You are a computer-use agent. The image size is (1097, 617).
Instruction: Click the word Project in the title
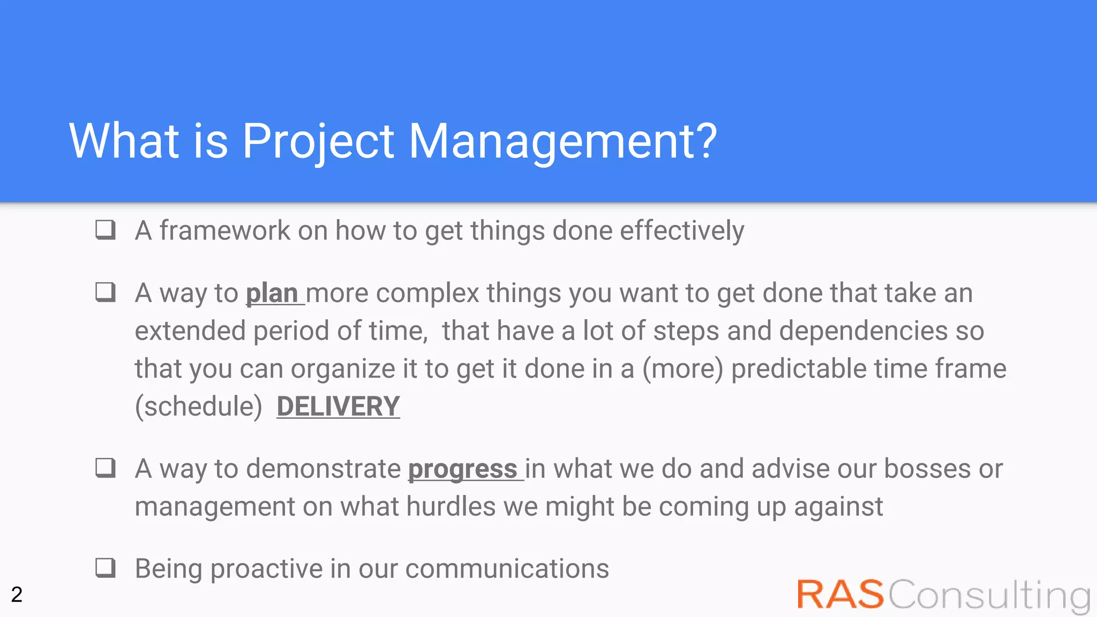click(318, 141)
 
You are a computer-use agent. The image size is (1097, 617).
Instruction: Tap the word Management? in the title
click(562, 141)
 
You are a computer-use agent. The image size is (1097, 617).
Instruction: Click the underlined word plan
click(272, 294)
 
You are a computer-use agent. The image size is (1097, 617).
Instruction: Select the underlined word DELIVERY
click(338, 406)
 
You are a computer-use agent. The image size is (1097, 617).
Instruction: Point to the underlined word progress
click(463, 469)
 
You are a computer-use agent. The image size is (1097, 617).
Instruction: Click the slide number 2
click(17, 595)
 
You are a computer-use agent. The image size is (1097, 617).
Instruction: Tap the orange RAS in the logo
click(839, 595)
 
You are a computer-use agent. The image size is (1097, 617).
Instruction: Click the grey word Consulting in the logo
click(989, 596)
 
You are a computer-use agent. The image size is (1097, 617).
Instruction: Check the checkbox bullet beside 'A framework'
click(106, 230)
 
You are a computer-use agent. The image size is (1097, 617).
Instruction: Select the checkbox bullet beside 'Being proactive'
click(106, 568)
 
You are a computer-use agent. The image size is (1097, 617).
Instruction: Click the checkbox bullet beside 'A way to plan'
click(106, 292)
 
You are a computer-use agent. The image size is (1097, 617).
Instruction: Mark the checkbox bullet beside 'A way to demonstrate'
click(106, 468)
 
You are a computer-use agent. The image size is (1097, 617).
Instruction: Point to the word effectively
click(682, 231)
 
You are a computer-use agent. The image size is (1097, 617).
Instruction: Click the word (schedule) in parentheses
click(198, 406)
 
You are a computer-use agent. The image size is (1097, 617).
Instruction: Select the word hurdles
click(451, 506)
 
